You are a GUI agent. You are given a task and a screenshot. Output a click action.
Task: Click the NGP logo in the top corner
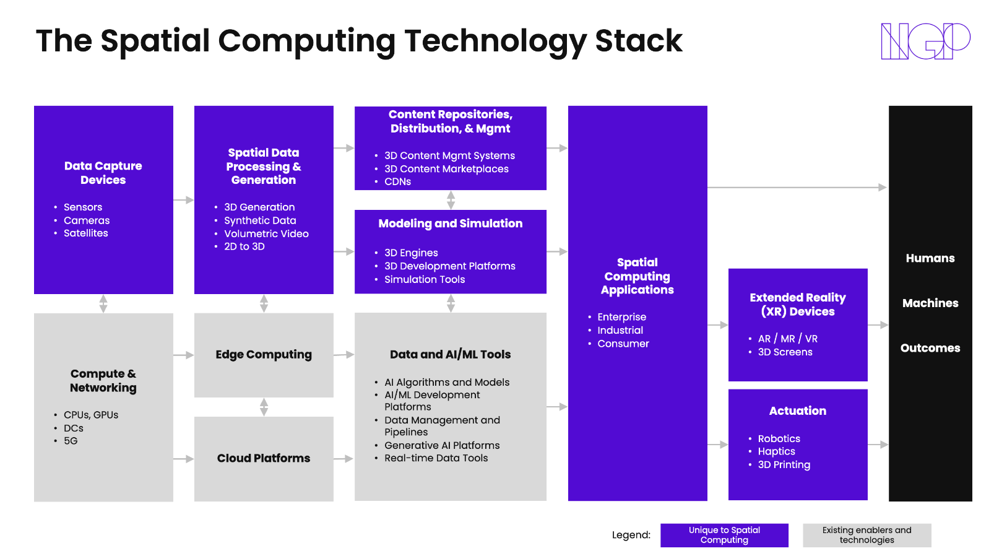(x=925, y=41)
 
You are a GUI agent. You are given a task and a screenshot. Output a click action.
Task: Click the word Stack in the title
(x=638, y=41)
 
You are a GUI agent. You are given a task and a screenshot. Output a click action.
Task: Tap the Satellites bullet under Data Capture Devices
(x=85, y=233)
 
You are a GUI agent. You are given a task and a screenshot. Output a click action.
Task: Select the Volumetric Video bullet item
(x=266, y=233)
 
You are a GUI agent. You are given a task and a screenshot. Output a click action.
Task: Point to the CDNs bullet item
(x=397, y=181)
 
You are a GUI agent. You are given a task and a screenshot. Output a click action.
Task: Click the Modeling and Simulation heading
(x=450, y=224)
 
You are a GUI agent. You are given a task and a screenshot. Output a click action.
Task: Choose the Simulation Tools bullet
(x=424, y=279)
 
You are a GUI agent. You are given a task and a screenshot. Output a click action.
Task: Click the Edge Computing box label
(x=264, y=355)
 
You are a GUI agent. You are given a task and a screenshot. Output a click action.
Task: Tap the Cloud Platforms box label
(x=264, y=458)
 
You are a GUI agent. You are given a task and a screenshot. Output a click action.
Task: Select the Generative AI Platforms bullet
(x=441, y=445)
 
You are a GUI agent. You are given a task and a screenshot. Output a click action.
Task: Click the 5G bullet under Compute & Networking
(x=71, y=441)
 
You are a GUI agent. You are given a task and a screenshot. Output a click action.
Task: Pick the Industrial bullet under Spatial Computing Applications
(x=620, y=331)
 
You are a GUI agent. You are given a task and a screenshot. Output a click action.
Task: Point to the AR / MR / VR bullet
(x=787, y=339)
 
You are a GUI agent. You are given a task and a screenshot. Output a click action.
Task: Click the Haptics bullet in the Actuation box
(x=776, y=451)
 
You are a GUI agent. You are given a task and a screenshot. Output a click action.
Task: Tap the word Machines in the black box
(x=930, y=303)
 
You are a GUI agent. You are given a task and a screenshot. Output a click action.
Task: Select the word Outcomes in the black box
(x=930, y=348)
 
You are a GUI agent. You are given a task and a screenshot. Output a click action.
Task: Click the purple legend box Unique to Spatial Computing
(x=724, y=535)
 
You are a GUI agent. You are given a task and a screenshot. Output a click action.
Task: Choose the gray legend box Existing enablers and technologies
(x=867, y=535)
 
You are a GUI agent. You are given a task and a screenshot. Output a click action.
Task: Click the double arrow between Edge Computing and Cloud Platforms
(x=264, y=407)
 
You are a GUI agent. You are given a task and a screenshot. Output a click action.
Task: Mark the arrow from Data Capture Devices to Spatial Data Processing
(x=184, y=200)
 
